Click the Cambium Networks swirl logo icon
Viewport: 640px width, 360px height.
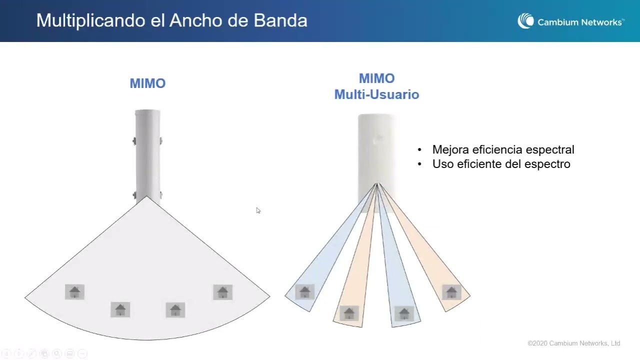pos(525,21)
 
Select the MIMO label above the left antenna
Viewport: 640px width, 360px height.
pos(147,83)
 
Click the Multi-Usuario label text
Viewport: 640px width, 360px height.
pos(376,94)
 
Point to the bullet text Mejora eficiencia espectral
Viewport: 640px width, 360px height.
pos(503,149)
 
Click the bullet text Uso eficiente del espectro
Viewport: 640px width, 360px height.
pos(501,164)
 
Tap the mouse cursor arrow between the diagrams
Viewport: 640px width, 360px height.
pos(258,210)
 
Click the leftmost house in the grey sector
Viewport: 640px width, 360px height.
pos(74,291)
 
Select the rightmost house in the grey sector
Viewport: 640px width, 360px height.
pos(222,292)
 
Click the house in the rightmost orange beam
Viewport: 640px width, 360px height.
pos(451,292)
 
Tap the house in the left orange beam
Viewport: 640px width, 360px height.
pos(349,313)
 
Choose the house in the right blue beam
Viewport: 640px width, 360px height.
pos(404,313)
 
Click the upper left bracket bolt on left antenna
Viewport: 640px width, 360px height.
pos(134,141)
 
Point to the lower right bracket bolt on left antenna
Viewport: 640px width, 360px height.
pos(160,194)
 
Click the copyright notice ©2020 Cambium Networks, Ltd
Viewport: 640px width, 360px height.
pos(573,343)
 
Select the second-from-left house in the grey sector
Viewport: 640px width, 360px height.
pos(120,310)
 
